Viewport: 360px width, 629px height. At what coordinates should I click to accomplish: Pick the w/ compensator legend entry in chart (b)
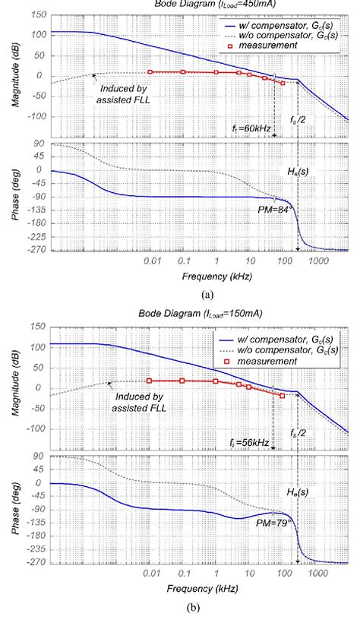click(295, 339)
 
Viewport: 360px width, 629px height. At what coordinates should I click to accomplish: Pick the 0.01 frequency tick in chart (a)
click(150, 261)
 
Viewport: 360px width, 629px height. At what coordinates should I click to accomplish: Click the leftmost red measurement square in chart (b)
click(150, 381)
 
